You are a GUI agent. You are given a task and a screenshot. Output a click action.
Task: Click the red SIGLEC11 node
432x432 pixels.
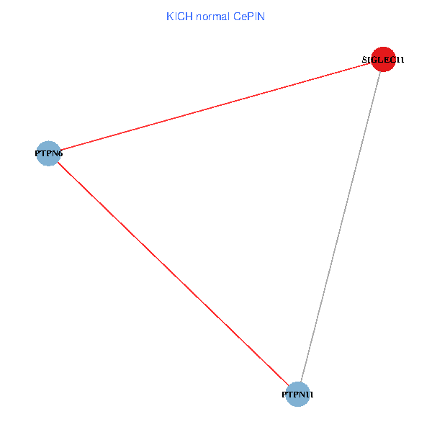383,59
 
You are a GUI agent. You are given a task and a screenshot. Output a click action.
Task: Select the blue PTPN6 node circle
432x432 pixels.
48,153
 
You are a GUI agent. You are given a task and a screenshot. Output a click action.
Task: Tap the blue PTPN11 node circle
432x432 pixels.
297,395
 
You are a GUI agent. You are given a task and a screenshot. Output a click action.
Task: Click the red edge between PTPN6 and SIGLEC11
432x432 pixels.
216,107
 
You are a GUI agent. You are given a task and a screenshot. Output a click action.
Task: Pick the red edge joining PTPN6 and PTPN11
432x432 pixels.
173,274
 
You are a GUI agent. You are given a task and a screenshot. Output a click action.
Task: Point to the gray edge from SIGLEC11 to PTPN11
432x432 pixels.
341,227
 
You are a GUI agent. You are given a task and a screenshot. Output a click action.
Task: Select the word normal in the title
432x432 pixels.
212,17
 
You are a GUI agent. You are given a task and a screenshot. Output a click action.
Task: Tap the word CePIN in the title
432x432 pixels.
249,17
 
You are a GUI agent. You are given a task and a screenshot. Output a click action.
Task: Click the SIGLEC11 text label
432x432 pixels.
383,60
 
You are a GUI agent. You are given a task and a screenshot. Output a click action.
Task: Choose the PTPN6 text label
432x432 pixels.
49,153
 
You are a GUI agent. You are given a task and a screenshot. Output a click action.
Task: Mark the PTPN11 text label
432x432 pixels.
297,395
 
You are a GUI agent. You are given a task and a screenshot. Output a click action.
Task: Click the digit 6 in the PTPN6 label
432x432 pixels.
60,153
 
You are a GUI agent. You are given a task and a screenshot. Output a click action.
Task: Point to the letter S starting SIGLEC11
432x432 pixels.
364,60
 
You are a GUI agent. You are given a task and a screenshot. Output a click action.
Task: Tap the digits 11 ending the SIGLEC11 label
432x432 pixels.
400,60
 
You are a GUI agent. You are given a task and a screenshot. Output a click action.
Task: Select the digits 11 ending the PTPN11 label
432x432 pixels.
310,395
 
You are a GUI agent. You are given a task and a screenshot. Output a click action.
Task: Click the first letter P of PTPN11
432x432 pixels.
284,395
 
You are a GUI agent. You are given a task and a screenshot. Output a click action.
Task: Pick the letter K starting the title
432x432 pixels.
169,17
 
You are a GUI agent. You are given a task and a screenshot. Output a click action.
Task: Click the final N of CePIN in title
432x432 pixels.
261,17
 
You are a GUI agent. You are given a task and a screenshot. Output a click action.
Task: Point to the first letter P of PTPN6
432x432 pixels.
37,153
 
